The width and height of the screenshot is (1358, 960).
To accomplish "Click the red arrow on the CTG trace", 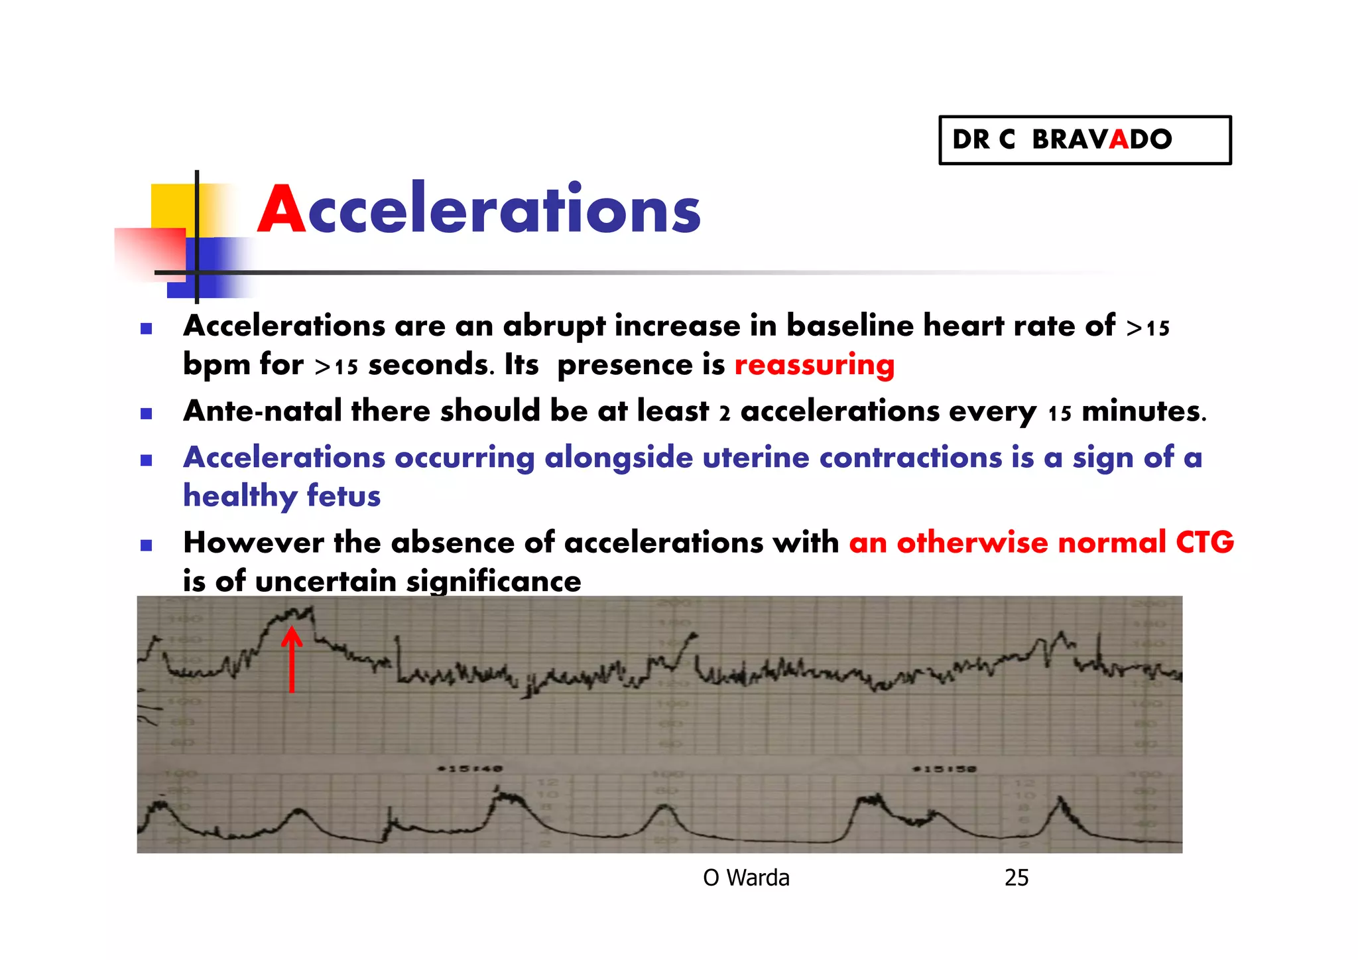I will coord(292,660).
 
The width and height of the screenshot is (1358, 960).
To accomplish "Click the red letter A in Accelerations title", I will coord(282,210).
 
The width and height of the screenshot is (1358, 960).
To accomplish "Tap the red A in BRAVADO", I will coord(1118,140).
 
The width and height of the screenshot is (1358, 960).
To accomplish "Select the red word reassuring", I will coord(814,365).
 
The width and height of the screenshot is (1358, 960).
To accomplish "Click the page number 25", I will coord(1016,878).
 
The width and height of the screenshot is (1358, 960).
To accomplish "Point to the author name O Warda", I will coord(746,878).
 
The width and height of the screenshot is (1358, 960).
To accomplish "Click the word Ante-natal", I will coord(263,411).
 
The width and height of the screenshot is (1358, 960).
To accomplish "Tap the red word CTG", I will coord(1204,543).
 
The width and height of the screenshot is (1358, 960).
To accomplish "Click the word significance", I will coord(493,582).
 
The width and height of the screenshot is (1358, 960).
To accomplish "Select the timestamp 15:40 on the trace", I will coord(470,768).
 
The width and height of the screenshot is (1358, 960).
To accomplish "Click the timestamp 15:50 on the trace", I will coord(944,769).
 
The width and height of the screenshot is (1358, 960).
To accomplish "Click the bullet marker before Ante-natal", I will coord(147,414).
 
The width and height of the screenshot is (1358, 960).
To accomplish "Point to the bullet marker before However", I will coord(147,545).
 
